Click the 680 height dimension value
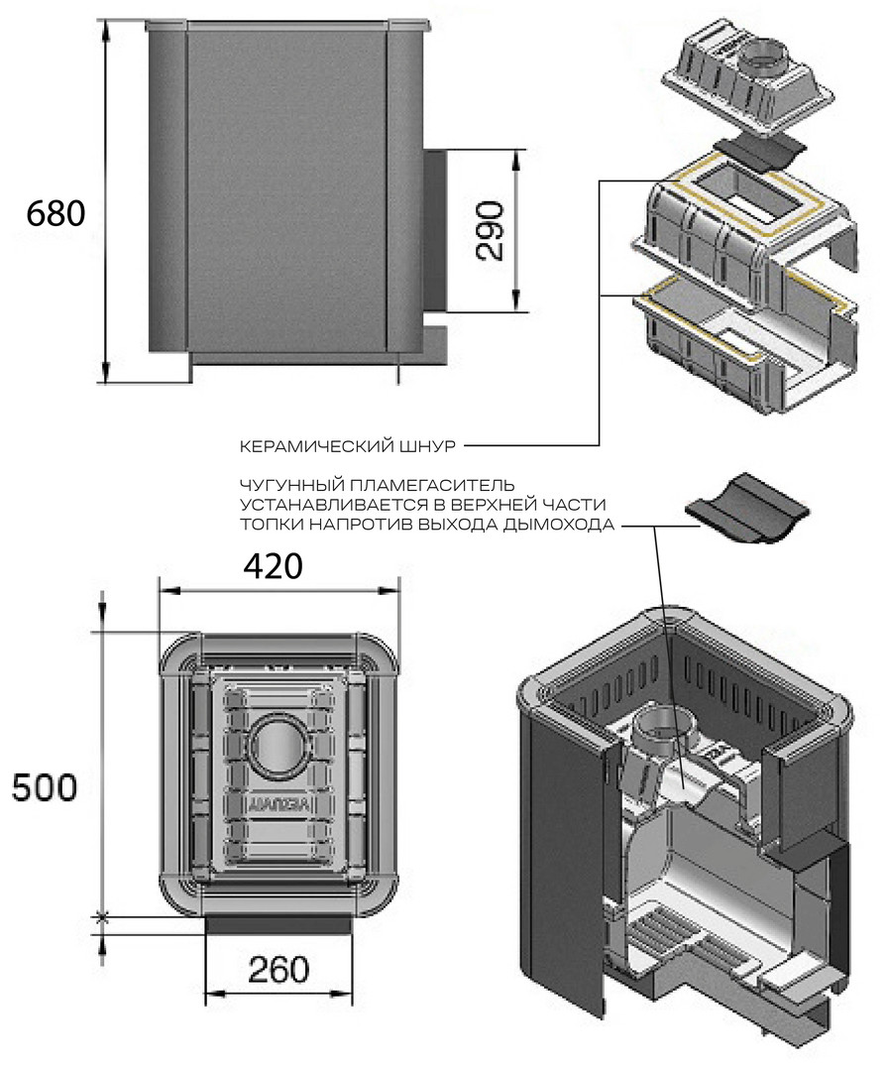56,213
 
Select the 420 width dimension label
272,566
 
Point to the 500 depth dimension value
44,787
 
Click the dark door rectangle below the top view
277,924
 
